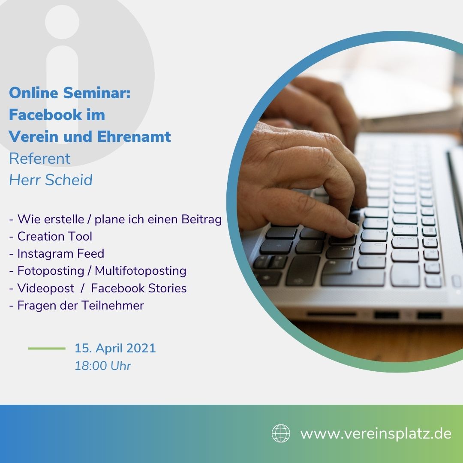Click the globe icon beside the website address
[281, 433]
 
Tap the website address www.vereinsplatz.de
[376, 434]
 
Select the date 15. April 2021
[115, 348]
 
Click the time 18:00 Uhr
[103, 366]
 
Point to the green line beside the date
[47, 349]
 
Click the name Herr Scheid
[51, 180]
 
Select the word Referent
[39, 159]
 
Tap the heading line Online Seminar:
[70, 93]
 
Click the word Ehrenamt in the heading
[134, 136]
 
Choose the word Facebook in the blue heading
[45, 114]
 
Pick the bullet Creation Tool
[51, 236]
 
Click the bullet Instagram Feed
[57, 253]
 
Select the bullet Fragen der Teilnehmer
[76, 305]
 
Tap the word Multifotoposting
[141, 271]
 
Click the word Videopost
[46, 288]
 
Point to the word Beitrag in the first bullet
[201, 219]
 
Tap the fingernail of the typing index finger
[353, 228]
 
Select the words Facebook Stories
[139, 288]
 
